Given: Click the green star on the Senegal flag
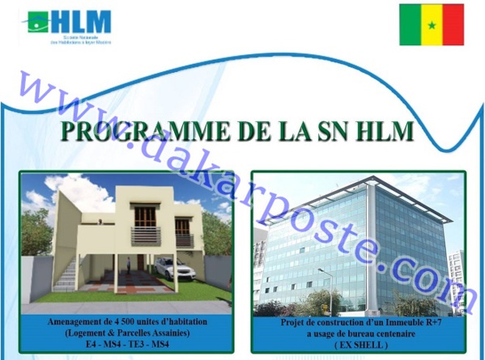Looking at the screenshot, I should (432, 24).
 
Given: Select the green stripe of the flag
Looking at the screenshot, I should (410, 24).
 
